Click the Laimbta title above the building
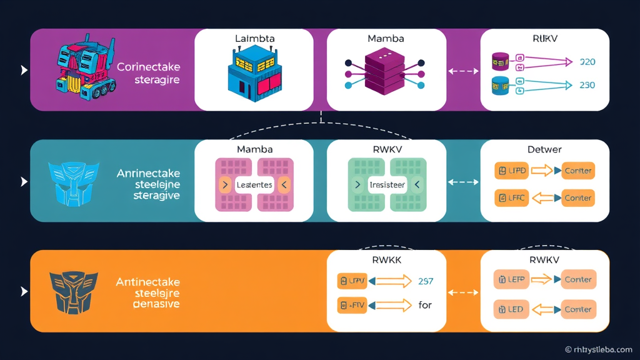(254, 39)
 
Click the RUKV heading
(545, 39)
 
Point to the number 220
(587, 62)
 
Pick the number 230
(587, 85)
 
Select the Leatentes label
(254, 185)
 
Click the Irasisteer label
(387, 185)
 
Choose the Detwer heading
(544, 149)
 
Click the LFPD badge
(511, 171)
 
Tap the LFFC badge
(511, 198)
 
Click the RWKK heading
(386, 259)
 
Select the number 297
(425, 281)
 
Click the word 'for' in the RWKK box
(424, 306)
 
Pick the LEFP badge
(511, 279)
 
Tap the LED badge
(510, 309)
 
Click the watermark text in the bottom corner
(598, 349)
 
